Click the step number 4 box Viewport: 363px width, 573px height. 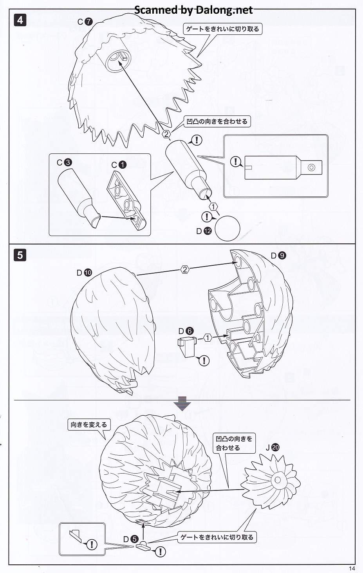20,20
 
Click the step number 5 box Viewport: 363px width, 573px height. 20,256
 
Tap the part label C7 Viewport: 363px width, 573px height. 85,22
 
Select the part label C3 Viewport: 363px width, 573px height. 64,162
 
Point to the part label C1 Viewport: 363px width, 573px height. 119,165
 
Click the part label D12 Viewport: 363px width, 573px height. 204,231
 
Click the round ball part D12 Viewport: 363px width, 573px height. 227,228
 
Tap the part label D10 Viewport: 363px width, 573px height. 84,272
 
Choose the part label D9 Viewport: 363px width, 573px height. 278,256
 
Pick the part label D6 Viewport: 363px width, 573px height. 186,331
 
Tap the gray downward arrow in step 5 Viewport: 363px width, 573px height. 182,403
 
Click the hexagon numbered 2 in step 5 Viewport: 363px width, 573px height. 185,269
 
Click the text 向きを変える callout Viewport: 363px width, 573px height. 89,425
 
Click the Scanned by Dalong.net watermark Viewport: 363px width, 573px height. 193,10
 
